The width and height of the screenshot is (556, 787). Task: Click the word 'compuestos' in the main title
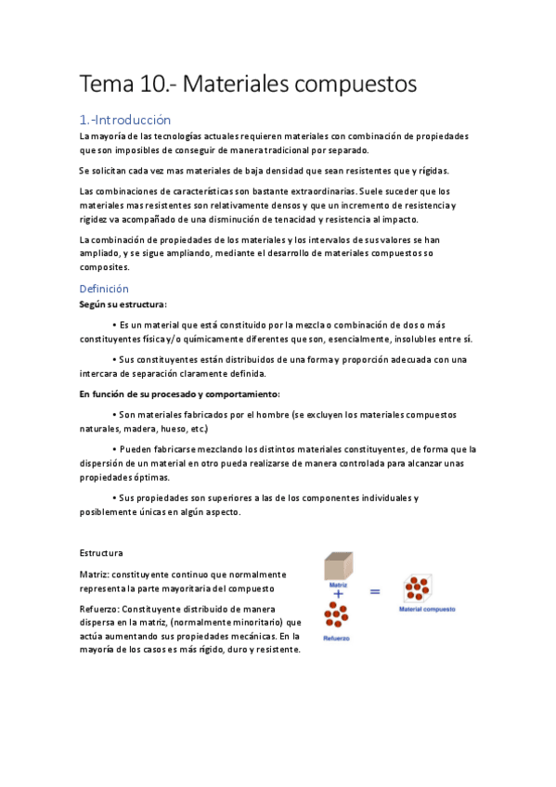tap(358, 85)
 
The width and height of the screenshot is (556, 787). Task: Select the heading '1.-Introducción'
tap(125, 120)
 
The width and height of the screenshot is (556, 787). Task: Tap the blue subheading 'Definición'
tap(104, 289)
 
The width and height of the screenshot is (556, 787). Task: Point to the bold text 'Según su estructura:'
tap(123, 303)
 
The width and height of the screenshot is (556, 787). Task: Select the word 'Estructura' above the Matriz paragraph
tap(102, 553)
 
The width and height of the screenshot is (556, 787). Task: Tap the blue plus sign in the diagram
tap(338, 594)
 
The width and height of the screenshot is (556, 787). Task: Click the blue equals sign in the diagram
tap(375, 590)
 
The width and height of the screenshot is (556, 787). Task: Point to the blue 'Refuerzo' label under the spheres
tap(337, 639)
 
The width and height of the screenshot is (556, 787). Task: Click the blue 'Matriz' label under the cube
tap(337, 586)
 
